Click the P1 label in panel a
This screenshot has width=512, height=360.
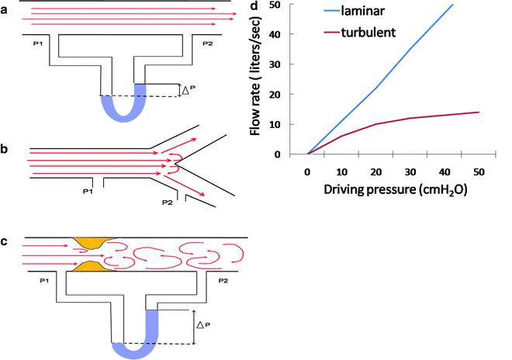[35, 43]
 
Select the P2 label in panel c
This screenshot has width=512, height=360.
[223, 277]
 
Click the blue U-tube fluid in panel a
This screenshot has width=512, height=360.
[123, 109]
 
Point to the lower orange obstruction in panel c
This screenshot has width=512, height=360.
[92, 268]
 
